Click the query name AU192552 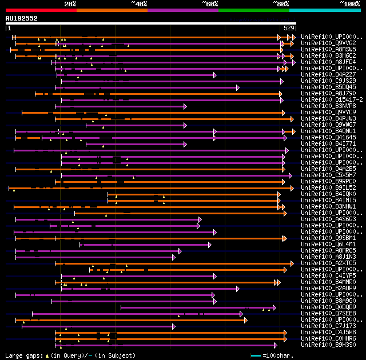coord(22,18)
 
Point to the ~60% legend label coord(210,3)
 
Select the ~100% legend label coord(349,3)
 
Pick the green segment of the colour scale coord(253,10)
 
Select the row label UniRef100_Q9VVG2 coord(329,43)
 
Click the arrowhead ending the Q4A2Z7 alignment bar coord(215,75)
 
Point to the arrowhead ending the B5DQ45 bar coord(237,87)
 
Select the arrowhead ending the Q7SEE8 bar coord(241,314)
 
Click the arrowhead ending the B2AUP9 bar coord(237,289)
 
